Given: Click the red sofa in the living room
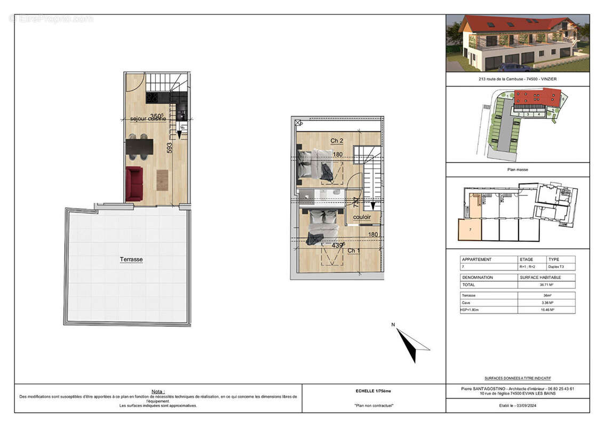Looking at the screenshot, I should coord(134,184).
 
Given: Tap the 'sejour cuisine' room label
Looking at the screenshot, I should coord(148,118).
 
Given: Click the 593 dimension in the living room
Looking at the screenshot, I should coord(170,148).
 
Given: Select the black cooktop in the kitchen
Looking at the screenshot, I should coord(152,98).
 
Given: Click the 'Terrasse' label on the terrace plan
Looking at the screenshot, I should coord(131,259).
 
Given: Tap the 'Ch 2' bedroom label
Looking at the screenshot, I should coord(336,141).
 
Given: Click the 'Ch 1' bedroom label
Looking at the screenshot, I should coord(353,250).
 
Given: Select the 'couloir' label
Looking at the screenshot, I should coord(362,217).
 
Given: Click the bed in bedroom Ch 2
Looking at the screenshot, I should coord(316,164).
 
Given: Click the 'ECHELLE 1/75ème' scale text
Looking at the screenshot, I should coord(373,391).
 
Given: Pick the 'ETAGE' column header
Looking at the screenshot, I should coord(527,259).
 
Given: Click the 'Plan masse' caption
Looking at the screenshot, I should coord(518,169).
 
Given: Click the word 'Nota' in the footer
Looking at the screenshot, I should coord(158,391).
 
